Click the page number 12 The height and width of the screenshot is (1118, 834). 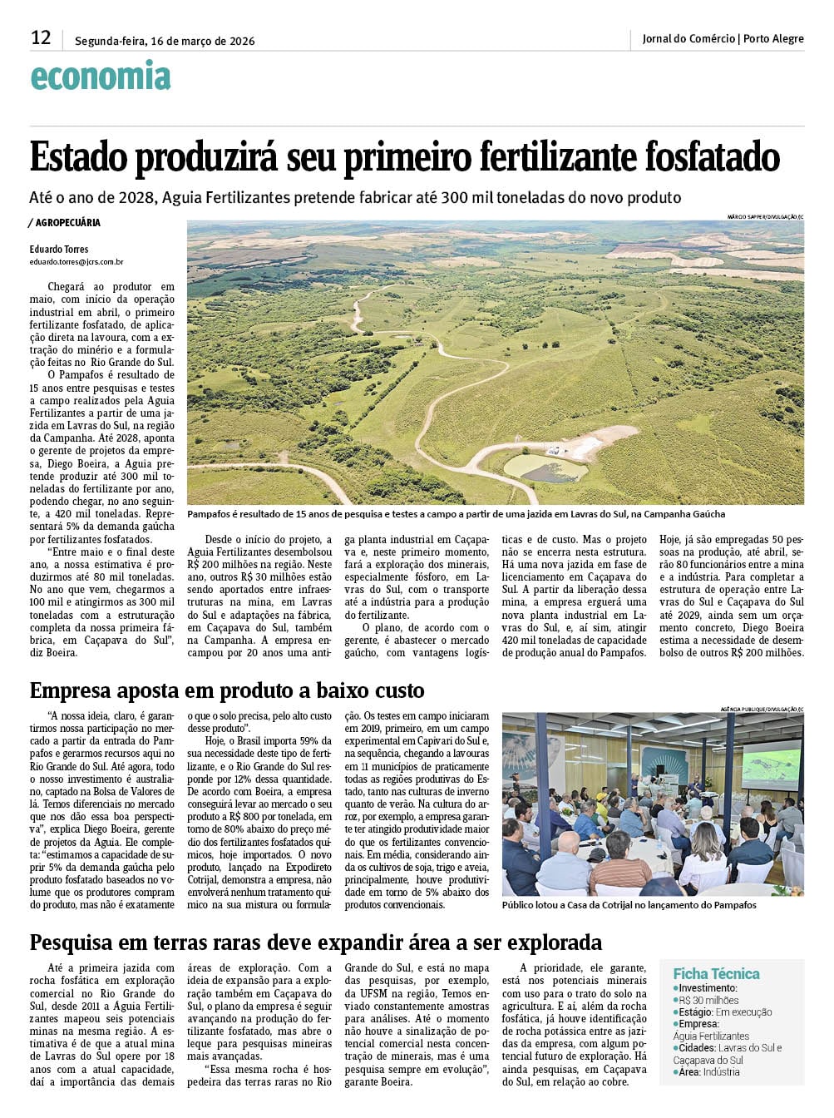41,38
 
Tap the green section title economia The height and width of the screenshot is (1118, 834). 101,77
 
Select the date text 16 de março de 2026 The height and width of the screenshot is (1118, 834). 202,41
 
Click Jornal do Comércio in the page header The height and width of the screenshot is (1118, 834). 688,38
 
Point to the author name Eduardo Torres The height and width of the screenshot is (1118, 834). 59,249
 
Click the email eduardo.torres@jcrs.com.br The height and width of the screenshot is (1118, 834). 76,261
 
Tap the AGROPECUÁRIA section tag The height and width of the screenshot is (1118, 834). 67,223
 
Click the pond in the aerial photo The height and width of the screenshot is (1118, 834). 545,468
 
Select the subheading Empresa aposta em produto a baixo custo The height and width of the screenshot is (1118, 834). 227,690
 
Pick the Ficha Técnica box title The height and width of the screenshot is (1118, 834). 716,973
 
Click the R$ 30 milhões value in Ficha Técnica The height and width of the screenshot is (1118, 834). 708,1000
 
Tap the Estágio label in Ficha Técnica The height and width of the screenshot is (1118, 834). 695,1012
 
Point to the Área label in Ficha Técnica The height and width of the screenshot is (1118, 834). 688,1072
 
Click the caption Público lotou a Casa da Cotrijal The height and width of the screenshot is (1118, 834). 629,905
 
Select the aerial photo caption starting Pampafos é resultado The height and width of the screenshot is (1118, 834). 456,514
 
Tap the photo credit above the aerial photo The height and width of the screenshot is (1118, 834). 765,217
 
